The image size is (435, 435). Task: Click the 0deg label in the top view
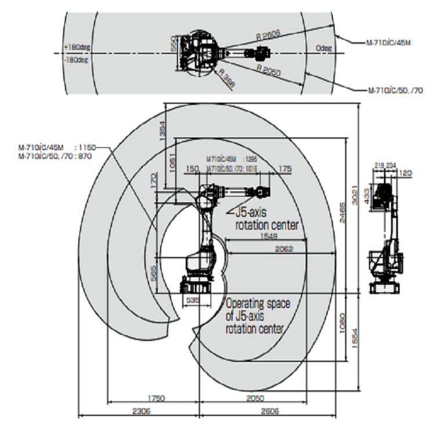(x=324, y=48)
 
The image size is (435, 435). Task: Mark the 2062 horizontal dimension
(x=284, y=249)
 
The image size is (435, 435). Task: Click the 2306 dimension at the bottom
(x=139, y=410)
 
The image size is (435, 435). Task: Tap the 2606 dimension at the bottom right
(x=269, y=410)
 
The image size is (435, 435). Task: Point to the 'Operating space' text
(x=258, y=303)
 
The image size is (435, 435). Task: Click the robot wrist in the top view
(x=262, y=54)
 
